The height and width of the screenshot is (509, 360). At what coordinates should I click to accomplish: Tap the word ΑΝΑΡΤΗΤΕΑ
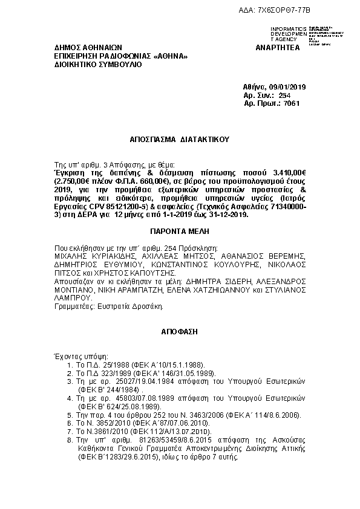[x=278, y=48]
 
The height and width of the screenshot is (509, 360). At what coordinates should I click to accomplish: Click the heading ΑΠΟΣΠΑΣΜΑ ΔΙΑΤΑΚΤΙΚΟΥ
[x=180, y=138]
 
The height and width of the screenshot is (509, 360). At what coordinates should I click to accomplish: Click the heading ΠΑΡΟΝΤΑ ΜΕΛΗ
[x=180, y=231]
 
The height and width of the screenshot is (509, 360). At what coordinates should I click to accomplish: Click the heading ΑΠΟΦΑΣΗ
[x=180, y=332]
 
